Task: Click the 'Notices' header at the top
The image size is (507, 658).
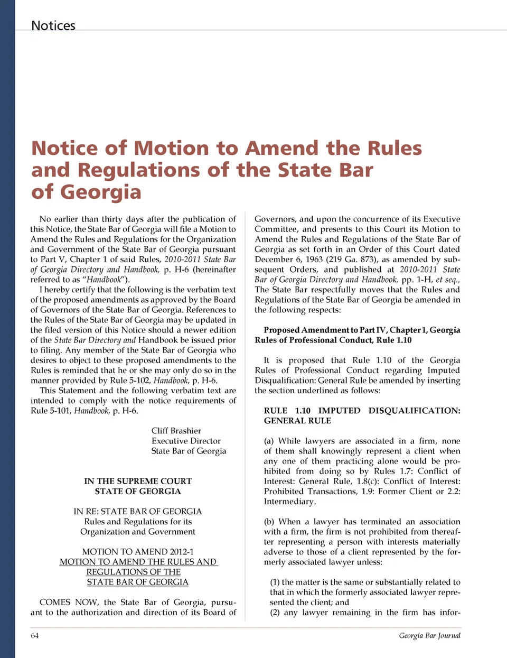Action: pos(53,25)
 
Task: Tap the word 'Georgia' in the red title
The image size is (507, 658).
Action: pos(100,192)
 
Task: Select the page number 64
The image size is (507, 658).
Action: pos(35,635)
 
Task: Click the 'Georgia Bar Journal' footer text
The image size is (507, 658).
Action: pos(429,635)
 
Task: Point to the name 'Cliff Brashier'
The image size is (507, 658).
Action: pos(176,431)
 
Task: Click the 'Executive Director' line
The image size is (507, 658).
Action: pos(186,441)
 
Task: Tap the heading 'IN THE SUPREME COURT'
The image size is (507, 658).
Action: pos(138,481)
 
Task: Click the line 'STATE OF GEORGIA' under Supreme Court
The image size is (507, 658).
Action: pos(138,491)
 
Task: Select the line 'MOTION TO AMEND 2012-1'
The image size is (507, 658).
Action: pos(138,551)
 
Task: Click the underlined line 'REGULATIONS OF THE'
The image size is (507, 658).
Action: pos(134,572)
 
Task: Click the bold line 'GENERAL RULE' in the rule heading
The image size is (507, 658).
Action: pos(297,421)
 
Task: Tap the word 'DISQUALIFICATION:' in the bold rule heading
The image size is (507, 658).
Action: pos(414,411)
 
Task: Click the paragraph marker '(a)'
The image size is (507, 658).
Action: pos(269,441)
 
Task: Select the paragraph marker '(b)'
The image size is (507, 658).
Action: pos(269,522)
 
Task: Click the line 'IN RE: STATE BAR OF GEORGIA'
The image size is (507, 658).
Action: pos(138,511)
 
